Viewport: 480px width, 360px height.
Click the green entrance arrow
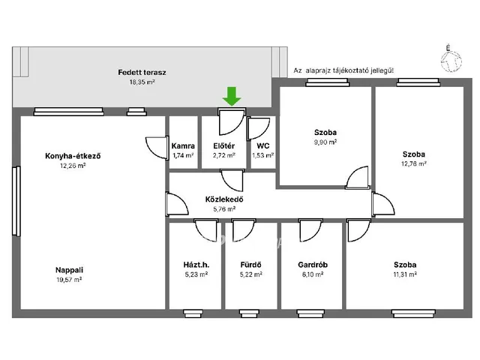click(x=232, y=96)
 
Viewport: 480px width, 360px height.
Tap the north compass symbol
click(x=451, y=60)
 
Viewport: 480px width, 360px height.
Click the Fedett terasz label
click(x=142, y=73)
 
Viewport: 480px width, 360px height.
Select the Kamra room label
click(x=183, y=146)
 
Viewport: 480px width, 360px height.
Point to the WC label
click(x=263, y=146)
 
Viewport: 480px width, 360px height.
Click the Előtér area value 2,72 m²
click(x=224, y=155)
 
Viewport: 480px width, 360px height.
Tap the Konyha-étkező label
click(x=73, y=156)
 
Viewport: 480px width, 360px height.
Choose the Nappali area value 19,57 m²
click(x=69, y=280)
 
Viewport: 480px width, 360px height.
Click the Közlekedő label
click(x=224, y=199)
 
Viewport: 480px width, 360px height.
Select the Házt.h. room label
click(x=196, y=265)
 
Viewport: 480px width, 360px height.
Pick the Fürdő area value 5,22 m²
click(x=251, y=274)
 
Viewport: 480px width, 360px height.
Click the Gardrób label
click(x=313, y=265)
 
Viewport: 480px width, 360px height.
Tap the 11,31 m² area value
click(x=405, y=274)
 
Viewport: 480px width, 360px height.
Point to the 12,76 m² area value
click(x=414, y=163)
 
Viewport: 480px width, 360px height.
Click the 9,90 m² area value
click(x=325, y=142)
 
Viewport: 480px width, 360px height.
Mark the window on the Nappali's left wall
click(x=16, y=201)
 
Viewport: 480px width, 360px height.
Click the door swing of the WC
click(x=259, y=129)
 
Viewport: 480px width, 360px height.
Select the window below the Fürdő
click(x=249, y=313)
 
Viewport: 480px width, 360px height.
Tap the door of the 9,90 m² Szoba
click(x=357, y=178)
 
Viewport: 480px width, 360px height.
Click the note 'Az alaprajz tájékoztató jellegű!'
click(x=343, y=70)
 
